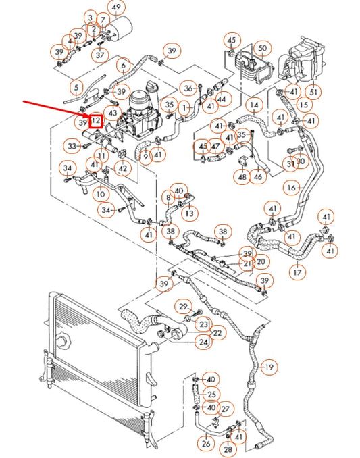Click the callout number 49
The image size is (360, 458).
(x=117, y=8)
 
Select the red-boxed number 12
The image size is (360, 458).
(x=97, y=122)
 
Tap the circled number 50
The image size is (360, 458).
(x=263, y=48)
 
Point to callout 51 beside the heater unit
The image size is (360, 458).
(x=313, y=92)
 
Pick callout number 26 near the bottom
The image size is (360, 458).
(x=206, y=444)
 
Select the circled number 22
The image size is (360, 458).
(x=217, y=333)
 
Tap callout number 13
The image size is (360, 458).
(x=190, y=213)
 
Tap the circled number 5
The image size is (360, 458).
(x=76, y=87)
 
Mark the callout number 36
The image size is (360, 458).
(x=188, y=88)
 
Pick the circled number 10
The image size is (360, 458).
(x=100, y=194)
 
